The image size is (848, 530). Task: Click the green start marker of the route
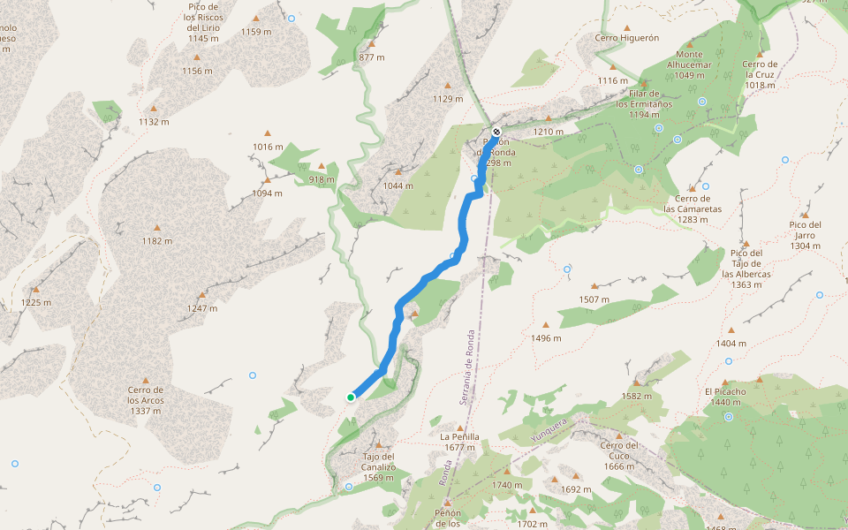351,397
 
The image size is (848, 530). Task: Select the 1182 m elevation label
156,241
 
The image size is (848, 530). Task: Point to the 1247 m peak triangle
202,295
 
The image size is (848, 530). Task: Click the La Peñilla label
459,436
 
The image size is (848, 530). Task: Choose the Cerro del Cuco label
619,450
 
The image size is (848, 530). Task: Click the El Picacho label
725,391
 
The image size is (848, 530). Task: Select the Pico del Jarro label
805,230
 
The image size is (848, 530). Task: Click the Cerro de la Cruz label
759,69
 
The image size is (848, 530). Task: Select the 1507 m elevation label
594,299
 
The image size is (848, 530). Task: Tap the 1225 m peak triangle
36,290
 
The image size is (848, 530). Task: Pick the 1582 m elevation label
636,396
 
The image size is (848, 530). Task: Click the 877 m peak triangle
372,44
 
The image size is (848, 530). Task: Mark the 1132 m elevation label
153,122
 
